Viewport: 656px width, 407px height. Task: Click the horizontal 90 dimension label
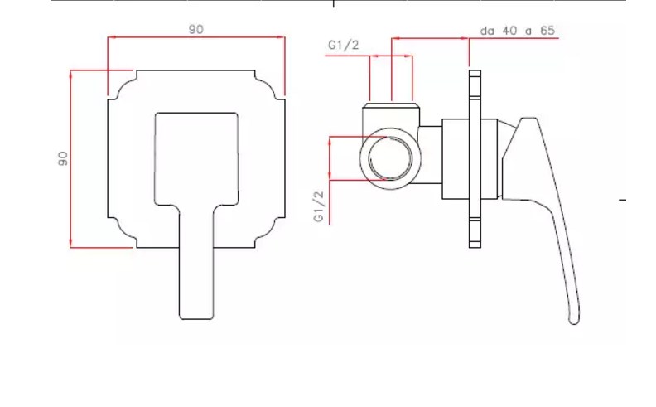coord(195,29)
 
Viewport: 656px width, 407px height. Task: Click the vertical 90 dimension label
coord(63,158)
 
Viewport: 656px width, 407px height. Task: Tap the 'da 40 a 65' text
coord(518,31)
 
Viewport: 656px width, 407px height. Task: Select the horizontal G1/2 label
coord(344,45)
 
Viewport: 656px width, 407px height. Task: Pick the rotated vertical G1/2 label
coord(319,206)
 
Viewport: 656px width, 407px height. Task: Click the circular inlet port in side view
coord(390,158)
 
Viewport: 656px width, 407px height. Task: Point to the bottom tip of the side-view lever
coord(574,322)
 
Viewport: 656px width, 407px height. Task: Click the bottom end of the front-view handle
coord(196,317)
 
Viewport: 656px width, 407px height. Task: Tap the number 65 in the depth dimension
coord(547,31)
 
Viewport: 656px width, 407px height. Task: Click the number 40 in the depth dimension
coord(509,31)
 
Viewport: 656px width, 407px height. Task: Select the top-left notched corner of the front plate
coord(122,85)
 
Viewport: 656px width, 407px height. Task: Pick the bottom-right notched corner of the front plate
coord(270,232)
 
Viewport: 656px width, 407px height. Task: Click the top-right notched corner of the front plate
coord(270,85)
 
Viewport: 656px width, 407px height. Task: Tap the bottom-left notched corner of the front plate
coord(122,232)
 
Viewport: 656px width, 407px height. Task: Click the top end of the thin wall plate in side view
coord(475,70)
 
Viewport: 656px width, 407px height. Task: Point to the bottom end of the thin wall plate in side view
coord(475,247)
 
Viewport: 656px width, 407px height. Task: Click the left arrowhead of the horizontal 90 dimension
coord(111,37)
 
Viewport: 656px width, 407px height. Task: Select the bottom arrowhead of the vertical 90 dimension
coord(70,244)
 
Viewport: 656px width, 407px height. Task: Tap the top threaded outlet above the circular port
coord(391,108)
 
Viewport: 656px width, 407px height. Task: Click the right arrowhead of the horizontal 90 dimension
coord(282,37)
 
